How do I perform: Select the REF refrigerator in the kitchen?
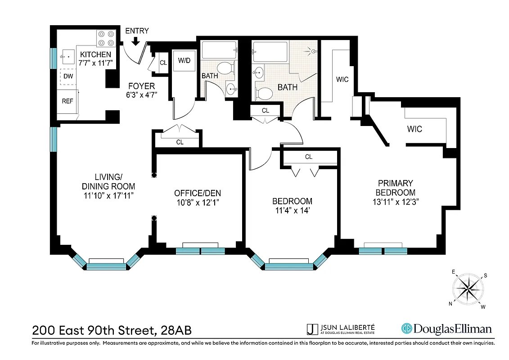tap(68, 101)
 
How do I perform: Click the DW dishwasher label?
tap(68, 76)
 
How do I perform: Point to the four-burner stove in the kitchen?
tap(106, 38)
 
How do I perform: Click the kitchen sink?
tap(68, 57)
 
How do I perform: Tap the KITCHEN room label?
tap(95, 54)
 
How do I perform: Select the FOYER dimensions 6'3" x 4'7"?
tap(141, 95)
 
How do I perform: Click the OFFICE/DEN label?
tap(198, 193)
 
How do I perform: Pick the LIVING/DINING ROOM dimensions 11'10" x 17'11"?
tap(108, 196)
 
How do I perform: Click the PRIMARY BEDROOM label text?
tap(395, 188)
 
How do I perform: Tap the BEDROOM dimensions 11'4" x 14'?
tap(292, 210)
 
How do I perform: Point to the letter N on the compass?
tap(450, 303)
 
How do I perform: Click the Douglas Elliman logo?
tap(446, 329)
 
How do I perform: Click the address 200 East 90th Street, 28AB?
tap(112, 330)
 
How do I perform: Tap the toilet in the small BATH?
tap(228, 68)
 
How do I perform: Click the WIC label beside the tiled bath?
tap(342, 80)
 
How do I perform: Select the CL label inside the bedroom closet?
tap(309, 157)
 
